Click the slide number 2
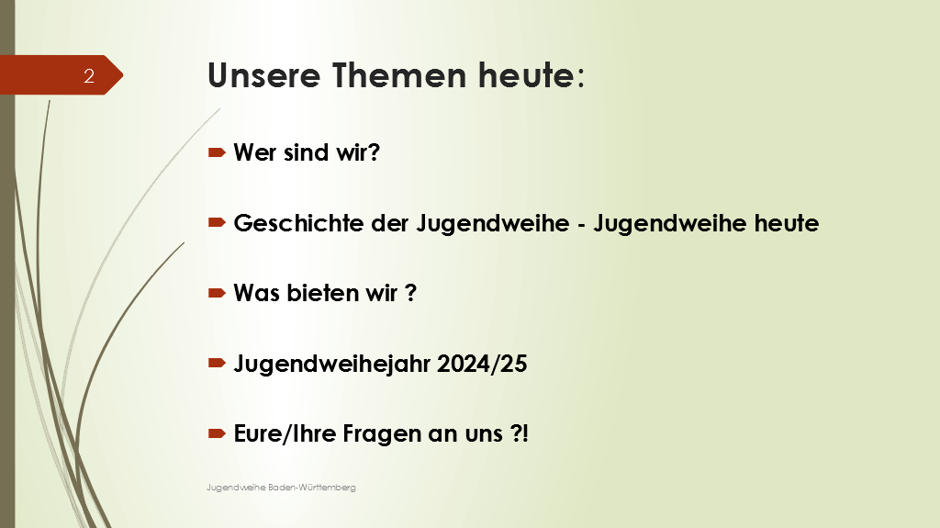click(89, 75)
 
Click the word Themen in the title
click(399, 75)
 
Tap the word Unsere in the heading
click(263, 75)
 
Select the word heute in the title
click(527, 75)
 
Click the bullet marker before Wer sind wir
click(217, 152)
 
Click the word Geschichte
click(298, 223)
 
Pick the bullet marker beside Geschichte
click(217, 222)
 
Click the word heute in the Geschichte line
click(787, 223)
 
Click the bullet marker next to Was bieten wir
click(217, 293)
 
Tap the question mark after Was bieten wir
click(410, 293)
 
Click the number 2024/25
click(482, 364)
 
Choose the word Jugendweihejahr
click(332, 365)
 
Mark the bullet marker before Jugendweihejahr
click(217, 363)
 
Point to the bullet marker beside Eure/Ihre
click(217, 433)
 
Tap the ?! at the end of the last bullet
click(520, 433)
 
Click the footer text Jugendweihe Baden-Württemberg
click(281, 488)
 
